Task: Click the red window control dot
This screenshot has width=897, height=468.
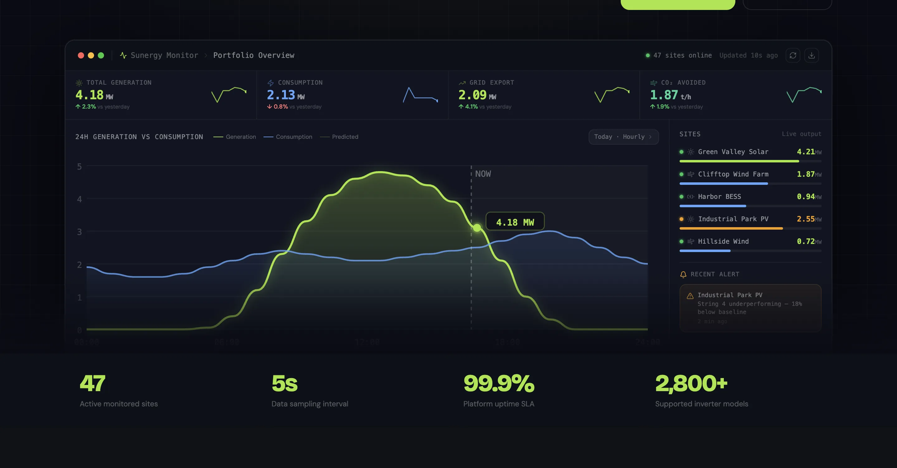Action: [x=81, y=55]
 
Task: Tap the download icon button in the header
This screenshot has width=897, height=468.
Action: [x=811, y=55]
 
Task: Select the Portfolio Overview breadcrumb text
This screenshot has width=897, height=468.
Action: [x=254, y=55]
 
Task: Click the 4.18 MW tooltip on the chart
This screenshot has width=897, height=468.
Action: [x=515, y=222]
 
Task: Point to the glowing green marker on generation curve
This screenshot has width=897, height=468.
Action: [x=477, y=227]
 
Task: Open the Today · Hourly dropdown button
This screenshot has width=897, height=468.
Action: [x=623, y=137]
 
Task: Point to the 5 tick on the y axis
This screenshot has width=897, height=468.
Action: [x=79, y=167]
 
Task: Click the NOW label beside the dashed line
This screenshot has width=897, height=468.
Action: [x=483, y=174]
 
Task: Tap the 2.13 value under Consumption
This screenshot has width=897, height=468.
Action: [x=281, y=95]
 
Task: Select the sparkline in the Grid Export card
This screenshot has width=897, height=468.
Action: [x=612, y=95]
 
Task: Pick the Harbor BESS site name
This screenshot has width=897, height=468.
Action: [x=719, y=197]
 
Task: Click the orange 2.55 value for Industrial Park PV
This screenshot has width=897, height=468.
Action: [x=805, y=219]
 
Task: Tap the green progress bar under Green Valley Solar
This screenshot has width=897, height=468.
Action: [x=739, y=161]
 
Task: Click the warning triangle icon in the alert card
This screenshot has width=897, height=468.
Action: [x=690, y=296]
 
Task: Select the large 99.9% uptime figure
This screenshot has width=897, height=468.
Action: [x=499, y=383]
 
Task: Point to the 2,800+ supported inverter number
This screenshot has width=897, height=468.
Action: [x=691, y=383]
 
